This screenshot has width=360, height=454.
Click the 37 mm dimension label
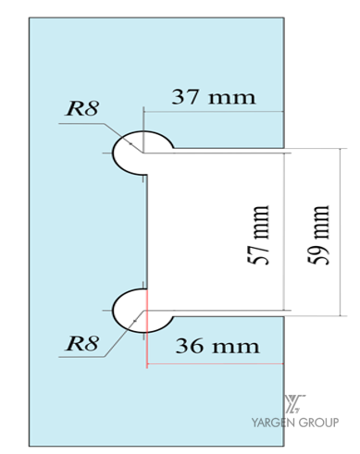214,97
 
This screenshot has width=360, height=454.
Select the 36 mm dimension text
217,346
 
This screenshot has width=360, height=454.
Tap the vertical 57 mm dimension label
259,235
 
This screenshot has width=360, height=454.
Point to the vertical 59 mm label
318,235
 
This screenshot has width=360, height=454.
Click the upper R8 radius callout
82,108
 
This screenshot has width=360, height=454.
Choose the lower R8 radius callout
82,343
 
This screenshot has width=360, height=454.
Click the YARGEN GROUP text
295,423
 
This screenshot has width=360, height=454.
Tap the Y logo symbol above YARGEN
294,404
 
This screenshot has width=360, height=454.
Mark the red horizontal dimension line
215,364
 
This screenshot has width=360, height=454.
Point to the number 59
318,253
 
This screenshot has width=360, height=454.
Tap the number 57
259,253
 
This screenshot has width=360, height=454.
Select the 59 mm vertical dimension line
341,232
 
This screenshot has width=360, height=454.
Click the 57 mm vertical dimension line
283,232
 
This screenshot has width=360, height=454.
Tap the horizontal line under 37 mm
214,112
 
